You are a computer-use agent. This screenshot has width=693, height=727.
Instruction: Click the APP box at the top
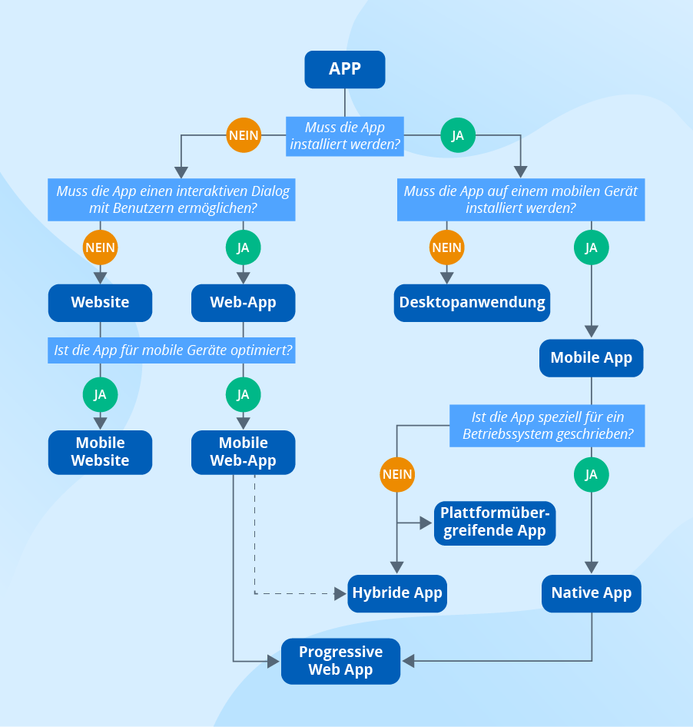click(x=344, y=69)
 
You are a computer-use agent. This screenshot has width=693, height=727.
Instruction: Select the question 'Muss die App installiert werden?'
click(x=344, y=135)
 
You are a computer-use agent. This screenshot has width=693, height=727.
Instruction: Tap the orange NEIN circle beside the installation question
click(x=244, y=136)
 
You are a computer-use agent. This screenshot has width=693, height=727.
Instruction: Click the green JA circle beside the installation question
click(x=457, y=136)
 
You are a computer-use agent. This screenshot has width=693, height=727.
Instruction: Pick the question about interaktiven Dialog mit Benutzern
click(x=173, y=200)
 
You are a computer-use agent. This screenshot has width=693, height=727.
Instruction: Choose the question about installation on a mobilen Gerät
click(x=520, y=200)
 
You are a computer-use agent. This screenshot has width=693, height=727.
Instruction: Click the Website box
click(x=100, y=303)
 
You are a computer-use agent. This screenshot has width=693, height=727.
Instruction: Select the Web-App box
click(x=243, y=303)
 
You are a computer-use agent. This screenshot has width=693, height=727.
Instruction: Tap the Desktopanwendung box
click(x=472, y=303)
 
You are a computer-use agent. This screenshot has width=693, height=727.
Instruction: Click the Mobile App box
click(x=591, y=358)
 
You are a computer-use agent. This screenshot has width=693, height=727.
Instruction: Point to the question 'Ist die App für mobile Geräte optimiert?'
click(x=173, y=351)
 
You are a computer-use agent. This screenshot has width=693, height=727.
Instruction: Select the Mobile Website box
click(x=100, y=452)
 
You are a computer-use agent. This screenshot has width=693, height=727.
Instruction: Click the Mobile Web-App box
click(x=243, y=452)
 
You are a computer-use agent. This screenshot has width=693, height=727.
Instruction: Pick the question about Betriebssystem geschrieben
click(x=547, y=426)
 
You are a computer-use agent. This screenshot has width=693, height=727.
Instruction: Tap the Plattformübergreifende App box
click(x=494, y=522)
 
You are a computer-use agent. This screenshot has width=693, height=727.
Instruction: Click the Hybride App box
click(x=397, y=593)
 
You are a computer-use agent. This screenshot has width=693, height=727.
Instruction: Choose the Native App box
click(x=591, y=593)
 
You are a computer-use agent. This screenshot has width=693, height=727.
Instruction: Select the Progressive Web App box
click(x=340, y=661)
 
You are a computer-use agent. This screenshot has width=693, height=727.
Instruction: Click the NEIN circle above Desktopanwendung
click(x=446, y=247)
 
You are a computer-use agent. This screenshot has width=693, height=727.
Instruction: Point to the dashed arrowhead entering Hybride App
click(x=341, y=593)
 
